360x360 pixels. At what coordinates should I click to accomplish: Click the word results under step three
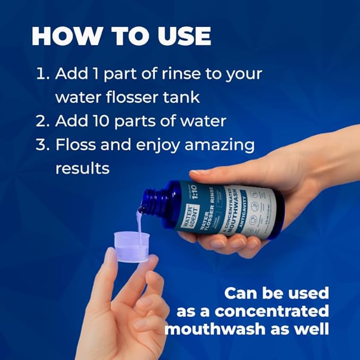point(82,168)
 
